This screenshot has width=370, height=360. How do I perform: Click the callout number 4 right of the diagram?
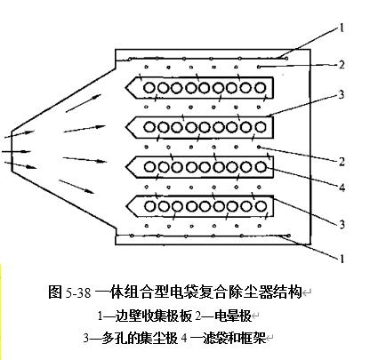[x=342, y=188]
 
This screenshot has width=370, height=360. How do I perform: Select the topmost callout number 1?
[x=342, y=28]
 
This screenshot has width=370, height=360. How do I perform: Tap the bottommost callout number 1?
[x=342, y=259]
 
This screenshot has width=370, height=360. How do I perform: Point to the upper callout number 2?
[x=342, y=64]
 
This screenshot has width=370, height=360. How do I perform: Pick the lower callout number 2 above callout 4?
[x=342, y=162]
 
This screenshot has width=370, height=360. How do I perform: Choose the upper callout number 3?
[x=342, y=94]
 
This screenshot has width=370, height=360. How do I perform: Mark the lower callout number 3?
[x=342, y=224]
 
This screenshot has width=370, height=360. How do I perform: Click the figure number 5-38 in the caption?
[x=78, y=292]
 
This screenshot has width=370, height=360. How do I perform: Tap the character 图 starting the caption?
[x=55, y=292]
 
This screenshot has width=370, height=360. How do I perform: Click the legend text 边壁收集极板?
[x=154, y=316]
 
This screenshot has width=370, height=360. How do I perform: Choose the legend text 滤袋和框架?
[x=234, y=338]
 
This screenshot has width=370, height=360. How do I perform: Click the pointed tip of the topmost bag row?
[x=125, y=88]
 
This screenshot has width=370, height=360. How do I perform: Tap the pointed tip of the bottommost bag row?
[x=126, y=206]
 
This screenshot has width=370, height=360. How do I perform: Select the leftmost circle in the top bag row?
[x=149, y=88]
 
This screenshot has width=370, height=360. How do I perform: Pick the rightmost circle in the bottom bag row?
[x=261, y=206]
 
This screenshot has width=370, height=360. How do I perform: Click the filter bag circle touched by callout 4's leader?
[x=261, y=167]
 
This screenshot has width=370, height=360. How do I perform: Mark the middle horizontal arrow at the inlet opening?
[x=15, y=152]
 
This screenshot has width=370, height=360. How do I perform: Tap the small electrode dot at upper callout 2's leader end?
[x=259, y=67]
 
